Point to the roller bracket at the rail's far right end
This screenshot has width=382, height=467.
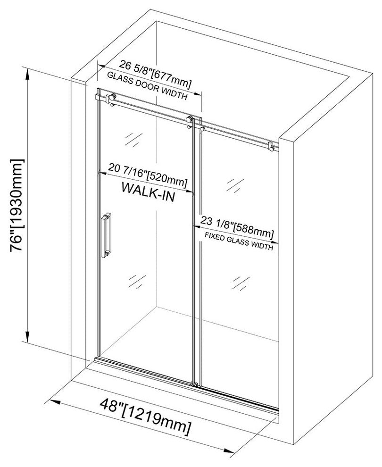pos(271,147)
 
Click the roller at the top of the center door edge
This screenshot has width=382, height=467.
pos(190,120)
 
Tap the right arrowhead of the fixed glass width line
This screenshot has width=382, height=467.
pos(275,244)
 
